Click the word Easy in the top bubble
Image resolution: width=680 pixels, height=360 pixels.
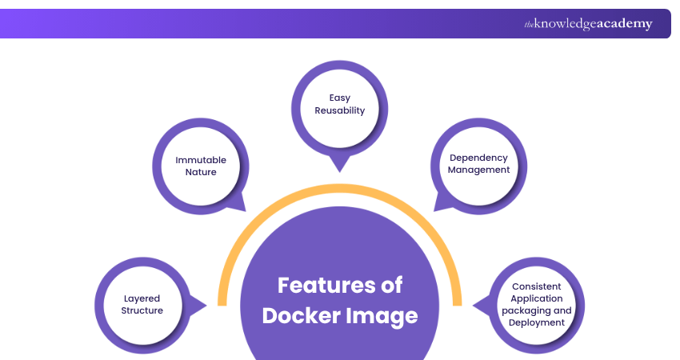[340, 98]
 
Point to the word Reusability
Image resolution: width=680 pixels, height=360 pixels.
[340, 110]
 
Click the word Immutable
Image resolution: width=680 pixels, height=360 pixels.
[201, 160]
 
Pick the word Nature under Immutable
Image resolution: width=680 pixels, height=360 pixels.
[201, 172]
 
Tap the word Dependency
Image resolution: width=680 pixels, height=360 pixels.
[478, 158]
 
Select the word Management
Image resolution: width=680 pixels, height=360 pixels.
[478, 170]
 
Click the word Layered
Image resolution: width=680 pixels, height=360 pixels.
[142, 298]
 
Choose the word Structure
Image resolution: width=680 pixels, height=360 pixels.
[142, 310]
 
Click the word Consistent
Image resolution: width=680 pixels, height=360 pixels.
[536, 286]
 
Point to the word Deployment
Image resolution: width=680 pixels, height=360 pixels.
[536, 322]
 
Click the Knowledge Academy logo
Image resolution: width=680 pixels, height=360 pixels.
[588, 24]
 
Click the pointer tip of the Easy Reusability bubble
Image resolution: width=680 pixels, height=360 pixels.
[340, 170]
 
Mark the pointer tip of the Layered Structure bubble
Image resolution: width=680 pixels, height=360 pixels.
[206, 304]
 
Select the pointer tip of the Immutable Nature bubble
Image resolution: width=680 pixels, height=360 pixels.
[244, 210]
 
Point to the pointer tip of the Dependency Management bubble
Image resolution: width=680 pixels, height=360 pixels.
[435, 210]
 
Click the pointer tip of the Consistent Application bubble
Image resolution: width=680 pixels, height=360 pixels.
[474, 304]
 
